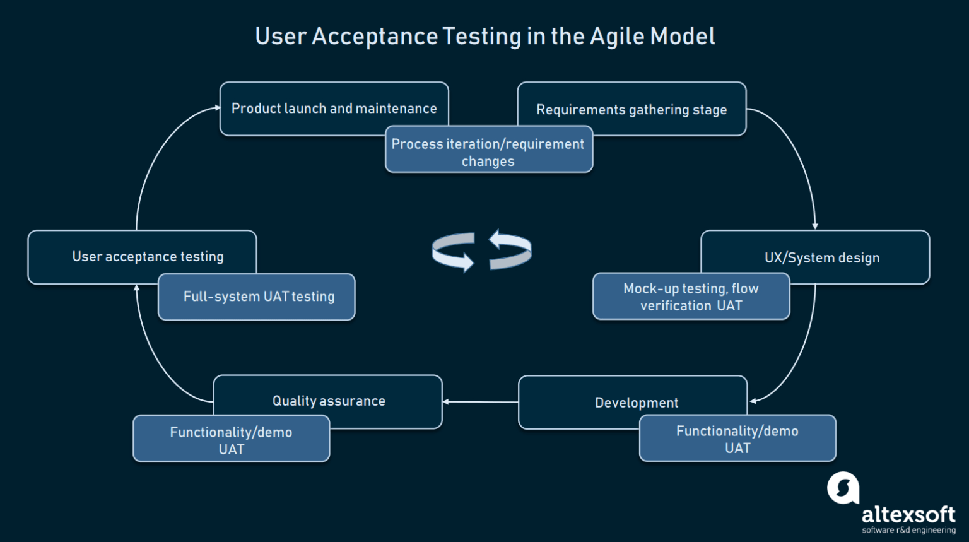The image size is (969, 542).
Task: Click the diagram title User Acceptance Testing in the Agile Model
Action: pyautogui.click(x=484, y=37)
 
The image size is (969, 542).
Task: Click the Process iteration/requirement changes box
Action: pyautogui.click(x=488, y=152)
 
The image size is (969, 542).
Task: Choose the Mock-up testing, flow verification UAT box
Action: pyautogui.click(x=691, y=297)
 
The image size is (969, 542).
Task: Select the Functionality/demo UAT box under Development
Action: pyautogui.click(x=737, y=439)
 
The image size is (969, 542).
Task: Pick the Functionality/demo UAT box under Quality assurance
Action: pyautogui.click(x=231, y=440)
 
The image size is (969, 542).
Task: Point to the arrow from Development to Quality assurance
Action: pyautogui.click(x=480, y=401)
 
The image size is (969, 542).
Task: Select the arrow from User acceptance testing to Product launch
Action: pyautogui.click(x=154, y=158)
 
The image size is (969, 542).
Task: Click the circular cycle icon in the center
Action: pyautogui.click(x=481, y=250)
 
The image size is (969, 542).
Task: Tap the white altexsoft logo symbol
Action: pyautogui.click(x=843, y=488)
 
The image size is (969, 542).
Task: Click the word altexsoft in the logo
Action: pyautogui.click(x=908, y=514)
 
